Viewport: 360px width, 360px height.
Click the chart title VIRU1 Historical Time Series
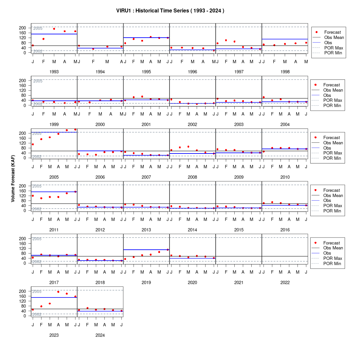[x=170, y=10]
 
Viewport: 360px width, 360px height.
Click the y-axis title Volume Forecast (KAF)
[x=13, y=179]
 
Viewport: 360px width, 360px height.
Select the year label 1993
[x=54, y=72]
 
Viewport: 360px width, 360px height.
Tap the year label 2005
[x=54, y=177]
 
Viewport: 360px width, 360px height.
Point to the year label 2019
[x=146, y=283]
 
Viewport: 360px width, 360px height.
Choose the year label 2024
[x=100, y=335]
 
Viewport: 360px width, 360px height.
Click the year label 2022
[x=285, y=283]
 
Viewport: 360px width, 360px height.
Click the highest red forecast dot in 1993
[x=54, y=29]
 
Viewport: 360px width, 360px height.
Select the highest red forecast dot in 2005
[x=75, y=130]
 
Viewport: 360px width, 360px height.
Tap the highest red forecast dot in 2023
[x=58, y=292]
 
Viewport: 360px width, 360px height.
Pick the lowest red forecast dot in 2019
[x=125, y=259]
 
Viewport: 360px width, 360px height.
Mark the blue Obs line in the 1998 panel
[x=285, y=39]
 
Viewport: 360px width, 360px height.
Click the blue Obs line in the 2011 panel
[x=54, y=192]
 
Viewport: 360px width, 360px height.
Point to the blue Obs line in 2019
[x=146, y=250]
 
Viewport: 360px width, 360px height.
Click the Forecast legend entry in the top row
[x=333, y=32]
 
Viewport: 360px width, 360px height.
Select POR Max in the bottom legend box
[x=333, y=258]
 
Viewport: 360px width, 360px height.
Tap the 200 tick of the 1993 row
[x=23, y=28]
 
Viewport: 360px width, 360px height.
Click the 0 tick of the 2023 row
[x=25, y=316]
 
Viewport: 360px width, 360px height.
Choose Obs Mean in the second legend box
[x=333, y=90]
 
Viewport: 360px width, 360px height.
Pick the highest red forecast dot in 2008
[x=188, y=147]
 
